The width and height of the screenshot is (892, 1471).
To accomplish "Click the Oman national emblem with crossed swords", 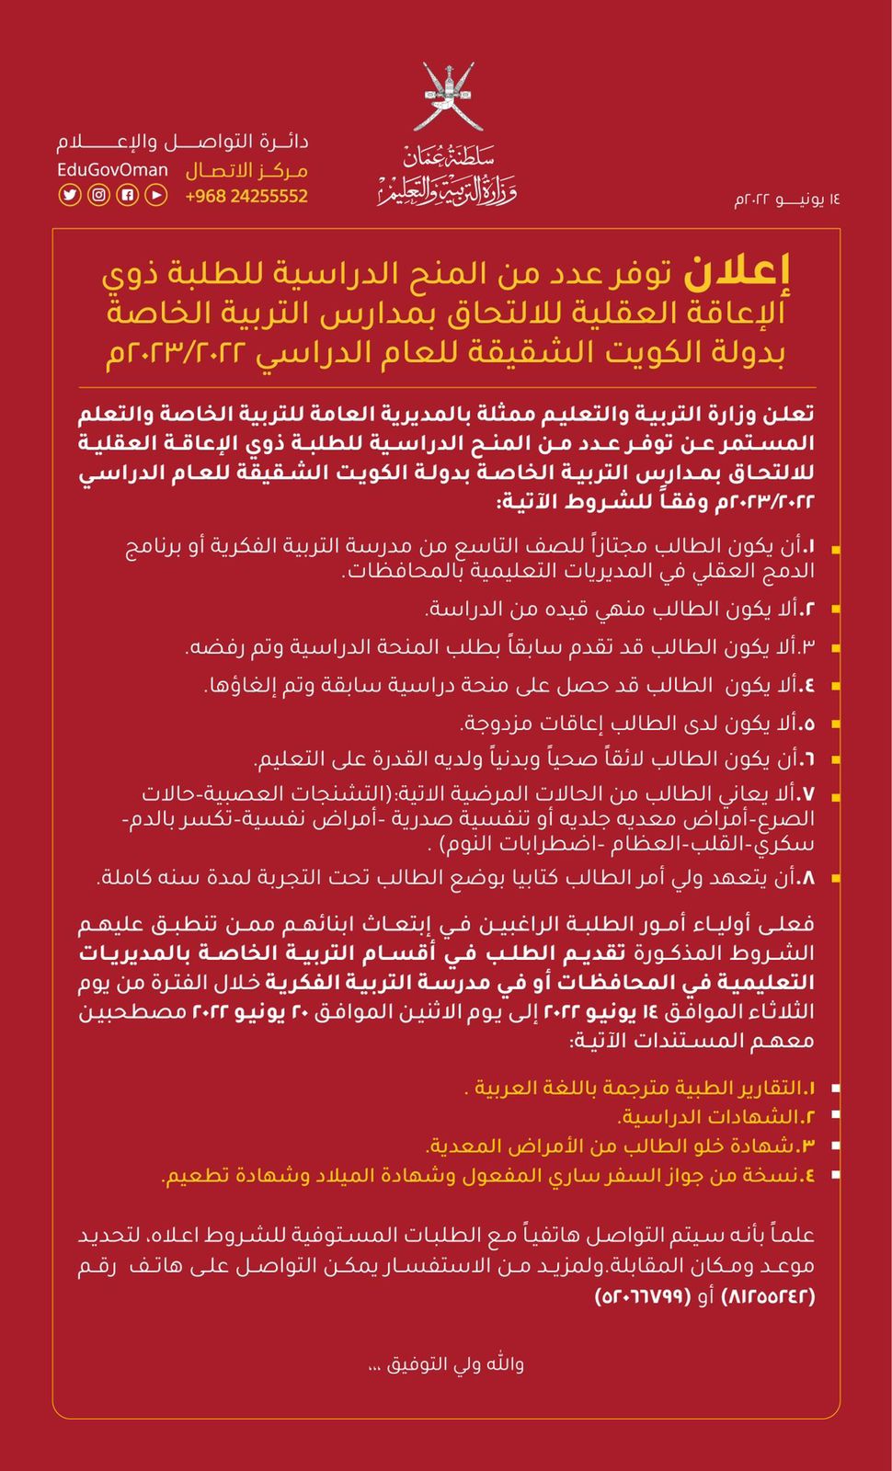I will [x=447, y=97].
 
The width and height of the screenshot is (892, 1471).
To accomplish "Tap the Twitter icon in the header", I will [x=70, y=195].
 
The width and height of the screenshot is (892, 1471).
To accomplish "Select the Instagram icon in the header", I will [x=98, y=195].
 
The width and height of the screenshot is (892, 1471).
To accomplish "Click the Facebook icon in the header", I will [x=128, y=195].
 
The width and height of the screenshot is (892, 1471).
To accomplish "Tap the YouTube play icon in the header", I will [x=156, y=195].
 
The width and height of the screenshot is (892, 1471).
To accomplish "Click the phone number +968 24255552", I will [x=246, y=196].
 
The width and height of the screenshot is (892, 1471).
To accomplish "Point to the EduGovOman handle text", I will [x=112, y=170].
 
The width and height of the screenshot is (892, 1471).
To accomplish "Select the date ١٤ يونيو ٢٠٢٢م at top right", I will [x=787, y=199].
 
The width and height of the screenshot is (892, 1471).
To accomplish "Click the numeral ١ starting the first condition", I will [x=810, y=547].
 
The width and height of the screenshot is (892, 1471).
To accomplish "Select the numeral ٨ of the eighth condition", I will [x=808, y=878].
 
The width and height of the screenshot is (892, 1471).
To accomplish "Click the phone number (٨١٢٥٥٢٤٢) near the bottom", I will [x=769, y=1296].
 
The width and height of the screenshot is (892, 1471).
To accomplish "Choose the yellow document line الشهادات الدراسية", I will [x=717, y=1117].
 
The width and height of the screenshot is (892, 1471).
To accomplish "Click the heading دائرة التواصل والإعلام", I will [x=182, y=143].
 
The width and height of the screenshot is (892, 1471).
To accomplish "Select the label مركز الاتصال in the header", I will [x=246, y=171].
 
